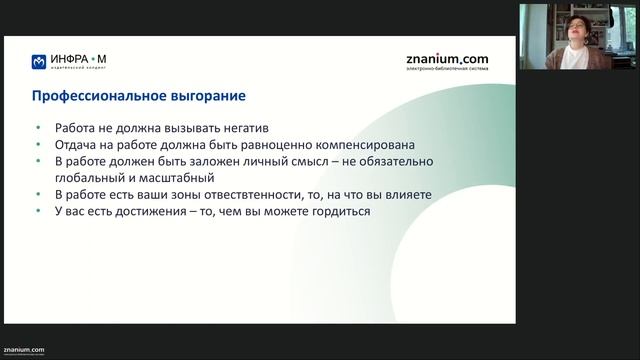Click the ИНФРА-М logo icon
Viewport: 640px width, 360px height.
point(38,61)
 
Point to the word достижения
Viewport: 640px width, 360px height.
point(131,211)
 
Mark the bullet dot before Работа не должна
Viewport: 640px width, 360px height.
point(37,128)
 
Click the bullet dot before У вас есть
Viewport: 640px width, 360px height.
point(37,211)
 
